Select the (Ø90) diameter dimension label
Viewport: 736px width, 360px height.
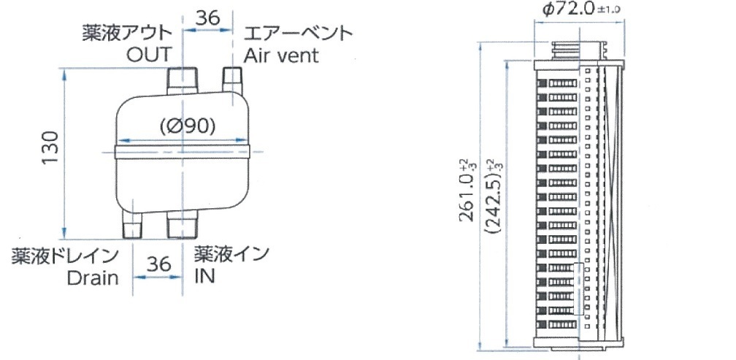click(x=187, y=126)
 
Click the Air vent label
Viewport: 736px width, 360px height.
click(x=282, y=55)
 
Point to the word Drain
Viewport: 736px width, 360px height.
click(x=93, y=278)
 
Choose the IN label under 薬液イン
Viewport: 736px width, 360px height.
click(x=205, y=277)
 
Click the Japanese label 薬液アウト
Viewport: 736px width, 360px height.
click(x=128, y=34)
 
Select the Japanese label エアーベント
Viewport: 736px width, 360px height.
click(x=298, y=34)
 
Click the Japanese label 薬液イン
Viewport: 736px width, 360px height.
click(x=231, y=255)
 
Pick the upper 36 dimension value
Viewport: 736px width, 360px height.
click(x=208, y=18)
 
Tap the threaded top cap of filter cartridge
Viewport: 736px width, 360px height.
click(x=580, y=52)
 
